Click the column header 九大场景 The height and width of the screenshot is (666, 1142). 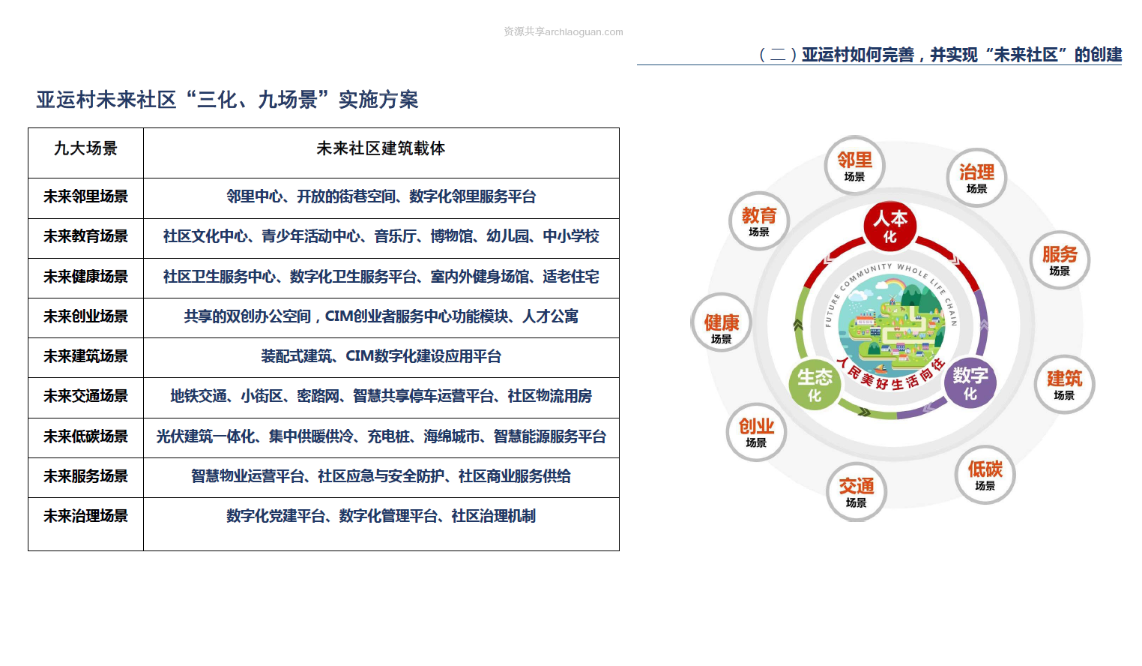[85, 148]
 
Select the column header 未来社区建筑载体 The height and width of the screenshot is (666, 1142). [381, 148]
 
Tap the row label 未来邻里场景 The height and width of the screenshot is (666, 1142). [85, 196]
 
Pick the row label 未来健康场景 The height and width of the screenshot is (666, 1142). [85, 277]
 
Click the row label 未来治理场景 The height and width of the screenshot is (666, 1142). [85, 516]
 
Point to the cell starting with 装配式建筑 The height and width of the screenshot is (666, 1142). [381, 356]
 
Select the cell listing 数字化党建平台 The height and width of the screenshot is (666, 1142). [381, 516]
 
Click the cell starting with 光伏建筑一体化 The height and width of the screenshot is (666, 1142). [381, 436]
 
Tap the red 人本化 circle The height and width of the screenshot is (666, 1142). [890, 226]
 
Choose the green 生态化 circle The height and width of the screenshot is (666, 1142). [815, 384]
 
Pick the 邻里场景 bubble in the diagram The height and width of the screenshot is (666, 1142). [854, 166]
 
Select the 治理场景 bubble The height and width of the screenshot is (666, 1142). [977, 178]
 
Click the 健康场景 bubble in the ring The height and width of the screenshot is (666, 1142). [722, 322]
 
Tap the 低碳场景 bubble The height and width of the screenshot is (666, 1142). [985, 475]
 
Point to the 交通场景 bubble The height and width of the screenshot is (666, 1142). [856, 492]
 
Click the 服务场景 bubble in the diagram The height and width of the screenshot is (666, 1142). [1060, 259]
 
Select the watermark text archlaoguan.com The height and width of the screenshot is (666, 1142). [584, 32]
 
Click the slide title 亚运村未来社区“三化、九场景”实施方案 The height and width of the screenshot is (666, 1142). [227, 100]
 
